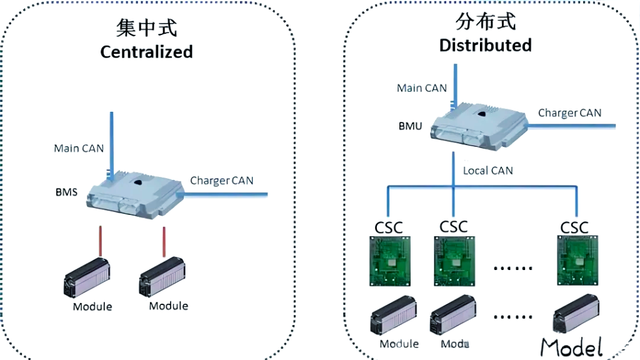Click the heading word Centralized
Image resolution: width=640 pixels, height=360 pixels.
pyautogui.click(x=146, y=51)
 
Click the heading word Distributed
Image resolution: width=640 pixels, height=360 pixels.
pyautogui.click(x=485, y=45)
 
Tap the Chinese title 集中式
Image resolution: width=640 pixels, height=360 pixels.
pyautogui.click(x=147, y=28)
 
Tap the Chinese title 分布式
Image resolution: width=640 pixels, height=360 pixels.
pyautogui.click(x=486, y=22)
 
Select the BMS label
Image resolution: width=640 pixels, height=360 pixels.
pyautogui.click(x=66, y=192)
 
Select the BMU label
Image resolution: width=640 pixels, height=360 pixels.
pyautogui.click(x=410, y=126)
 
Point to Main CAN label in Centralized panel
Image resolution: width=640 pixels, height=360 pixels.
pyautogui.click(x=79, y=148)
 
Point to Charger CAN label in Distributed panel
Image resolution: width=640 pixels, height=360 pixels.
pyautogui.click(x=569, y=113)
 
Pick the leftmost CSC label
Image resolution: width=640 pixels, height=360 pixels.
pyautogui.click(x=389, y=226)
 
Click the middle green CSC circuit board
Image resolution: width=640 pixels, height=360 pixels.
pyautogui.click(x=454, y=262)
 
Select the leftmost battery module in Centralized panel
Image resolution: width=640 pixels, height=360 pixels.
pyautogui.click(x=88, y=279)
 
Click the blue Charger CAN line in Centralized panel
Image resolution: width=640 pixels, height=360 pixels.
pyautogui.click(x=225, y=195)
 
